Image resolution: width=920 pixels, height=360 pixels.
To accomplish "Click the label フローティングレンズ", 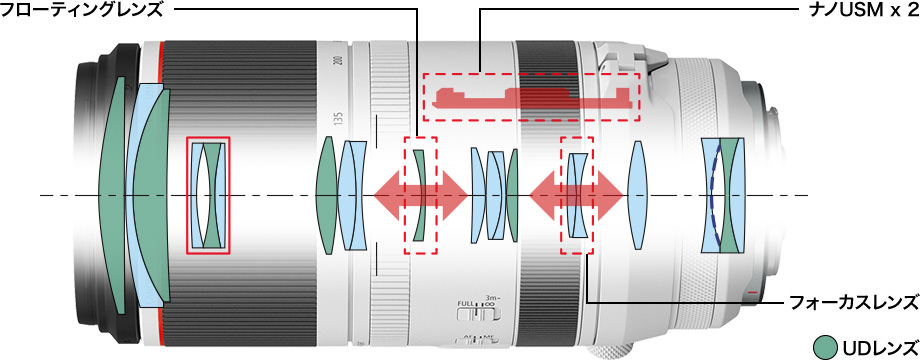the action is click(81, 10).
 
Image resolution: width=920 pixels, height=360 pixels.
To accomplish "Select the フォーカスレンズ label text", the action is click(854, 303).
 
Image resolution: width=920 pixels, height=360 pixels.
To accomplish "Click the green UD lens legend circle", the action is click(827, 347).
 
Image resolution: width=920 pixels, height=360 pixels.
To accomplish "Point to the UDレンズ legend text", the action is click(880, 347).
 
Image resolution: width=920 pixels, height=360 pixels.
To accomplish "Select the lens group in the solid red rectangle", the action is click(208, 195).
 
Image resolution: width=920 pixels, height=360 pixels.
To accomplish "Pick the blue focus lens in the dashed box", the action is click(578, 195).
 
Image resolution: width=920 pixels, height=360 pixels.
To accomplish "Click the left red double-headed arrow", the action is click(420, 195).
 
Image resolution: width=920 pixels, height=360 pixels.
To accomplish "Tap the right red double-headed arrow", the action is click(576, 195).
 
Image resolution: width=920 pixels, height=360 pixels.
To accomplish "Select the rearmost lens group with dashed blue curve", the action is click(723, 195).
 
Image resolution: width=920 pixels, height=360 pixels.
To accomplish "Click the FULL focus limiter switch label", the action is click(465, 303).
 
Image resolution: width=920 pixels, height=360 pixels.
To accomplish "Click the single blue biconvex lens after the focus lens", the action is click(637, 195).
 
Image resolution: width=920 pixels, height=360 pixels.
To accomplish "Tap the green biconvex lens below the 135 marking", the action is click(327, 195).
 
